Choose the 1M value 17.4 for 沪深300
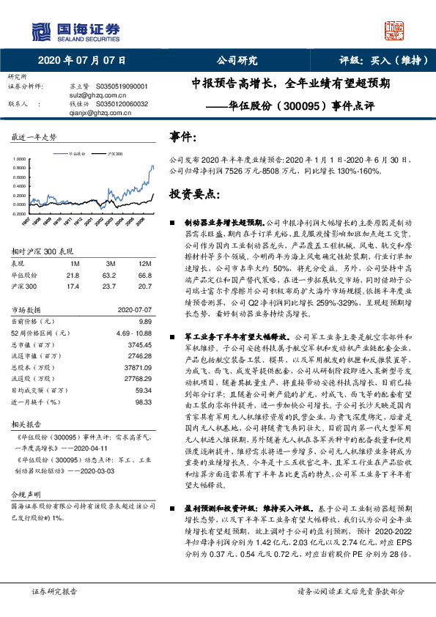pyautogui.click(x=73, y=285)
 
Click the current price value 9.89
pyautogui.click(x=145, y=321)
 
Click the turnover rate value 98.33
pyautogui.click(x=143, y=402)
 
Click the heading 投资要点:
pyautogui.click(x=195, y=193)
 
